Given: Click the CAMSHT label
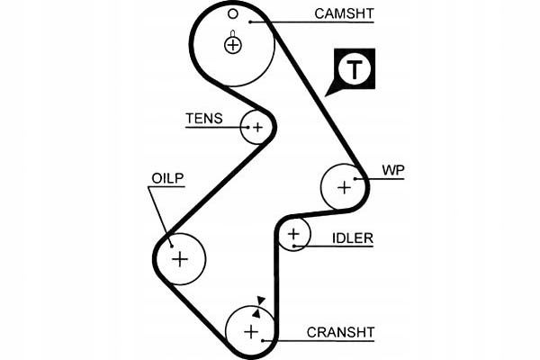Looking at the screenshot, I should click(345, 14).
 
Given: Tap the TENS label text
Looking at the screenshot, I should click(203, 118).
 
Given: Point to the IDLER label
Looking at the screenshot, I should click(352, 238).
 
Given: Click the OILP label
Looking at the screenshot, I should click(166, 178).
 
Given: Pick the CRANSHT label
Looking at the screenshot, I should click(340, 332).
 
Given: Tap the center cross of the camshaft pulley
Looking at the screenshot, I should click(233, 44).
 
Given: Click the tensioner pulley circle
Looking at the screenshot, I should click(257, 128).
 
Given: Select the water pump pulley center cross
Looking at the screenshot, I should click(344, 187).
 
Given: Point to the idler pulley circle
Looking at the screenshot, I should click(293, 236).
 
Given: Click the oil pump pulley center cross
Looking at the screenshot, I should click(180, 259).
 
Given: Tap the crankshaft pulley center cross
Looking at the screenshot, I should click(251, 331).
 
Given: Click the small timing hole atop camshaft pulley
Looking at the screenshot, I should click(232, 13).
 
